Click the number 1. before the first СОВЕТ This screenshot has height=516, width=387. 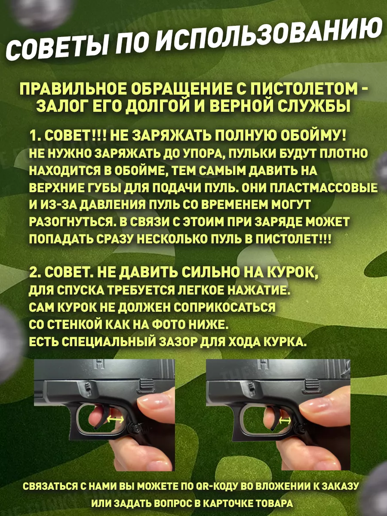pyautogui.click(x=35, y=136)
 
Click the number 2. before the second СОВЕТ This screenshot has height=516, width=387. pyautogui.click(x=36, y=273)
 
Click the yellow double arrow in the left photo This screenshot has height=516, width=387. pyautogui.click(x=116, y=419)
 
